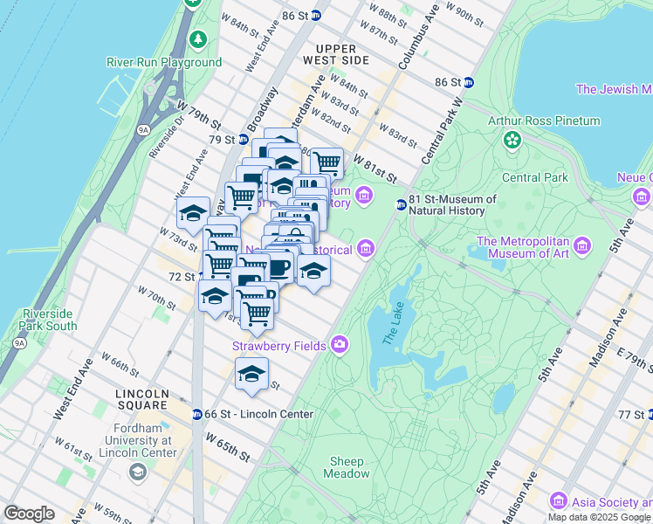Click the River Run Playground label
click(x=164, y=62)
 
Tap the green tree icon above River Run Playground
click(x=199, y=40)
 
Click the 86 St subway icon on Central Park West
click(x=469, y=82)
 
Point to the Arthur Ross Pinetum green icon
click(x=512, y=139)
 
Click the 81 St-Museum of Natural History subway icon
click(x=401, y=204)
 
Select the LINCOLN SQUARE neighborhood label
click(x=141, y=399)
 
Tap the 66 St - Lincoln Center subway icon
click(x=197, y=413)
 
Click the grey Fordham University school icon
click(x=138, y=472)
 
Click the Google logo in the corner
click(x=29, y=514)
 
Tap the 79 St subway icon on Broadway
click(x=244, y=139)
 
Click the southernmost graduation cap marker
click(x=251, y=374)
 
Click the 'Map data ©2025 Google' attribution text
click(x=600, y=517)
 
